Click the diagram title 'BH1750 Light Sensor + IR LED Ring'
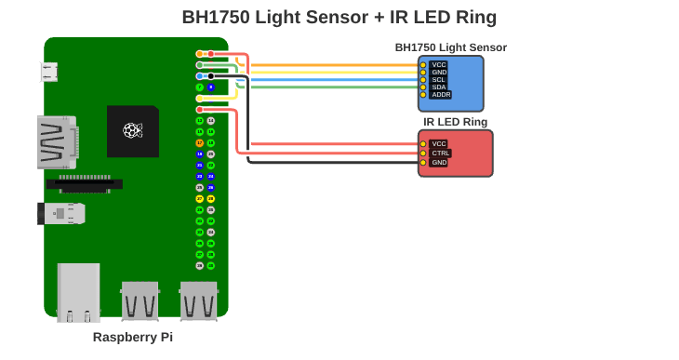coord(339,17)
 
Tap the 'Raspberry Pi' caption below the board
coord(132,337)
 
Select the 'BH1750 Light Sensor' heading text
coord(450,47)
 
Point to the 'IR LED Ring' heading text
coord(455,122)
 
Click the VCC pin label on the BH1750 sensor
coord(439,65)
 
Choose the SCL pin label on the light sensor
coord(439,80)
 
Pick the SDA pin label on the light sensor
coord(439,87)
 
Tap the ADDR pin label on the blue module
coord(441,95)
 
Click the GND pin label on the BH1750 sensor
coord(439,73)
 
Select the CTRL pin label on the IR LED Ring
coord(441,153)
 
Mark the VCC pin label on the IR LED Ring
coord(439,144)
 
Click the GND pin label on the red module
coord(439,163)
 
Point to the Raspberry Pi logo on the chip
coord(132,130)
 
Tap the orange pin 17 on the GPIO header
coord(199,142)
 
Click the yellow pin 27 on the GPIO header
coord(199,198)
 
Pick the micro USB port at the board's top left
coord(48,72)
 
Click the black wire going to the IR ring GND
coord(335,163)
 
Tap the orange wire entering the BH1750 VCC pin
coord(335,65)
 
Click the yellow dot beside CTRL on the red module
coord(423,153)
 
